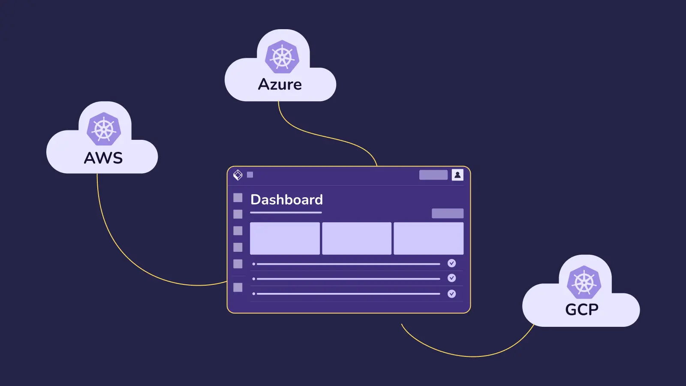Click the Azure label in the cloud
(280, 84)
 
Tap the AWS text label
(103, 158)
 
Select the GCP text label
(582, 309)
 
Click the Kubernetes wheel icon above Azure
(282, 57)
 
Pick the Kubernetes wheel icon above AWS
(104, 129)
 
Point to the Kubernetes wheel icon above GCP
(584, 283)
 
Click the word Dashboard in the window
(286, 199)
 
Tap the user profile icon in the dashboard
(457, 175)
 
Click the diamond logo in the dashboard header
(238, 175)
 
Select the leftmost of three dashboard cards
(285, 238)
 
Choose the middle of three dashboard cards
(357, 238)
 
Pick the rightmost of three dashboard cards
(428, 238)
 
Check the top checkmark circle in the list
(451, 263)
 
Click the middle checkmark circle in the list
(451, 278)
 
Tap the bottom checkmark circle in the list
(451, 294)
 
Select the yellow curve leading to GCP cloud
(472, 356)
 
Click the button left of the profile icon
(433, 175)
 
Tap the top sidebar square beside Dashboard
(238, 197)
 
